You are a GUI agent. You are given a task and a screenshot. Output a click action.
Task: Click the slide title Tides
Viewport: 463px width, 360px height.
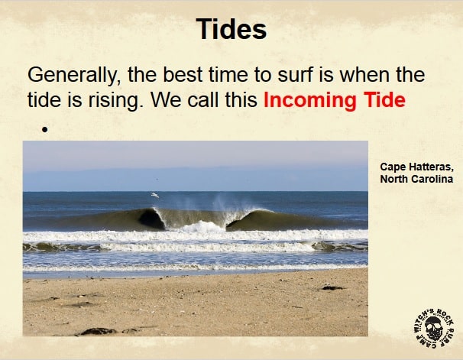point(231,29)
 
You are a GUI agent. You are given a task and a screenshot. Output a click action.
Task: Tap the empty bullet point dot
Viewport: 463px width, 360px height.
point(44,129)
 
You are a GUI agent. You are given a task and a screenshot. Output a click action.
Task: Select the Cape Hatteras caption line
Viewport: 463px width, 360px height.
point(416,167)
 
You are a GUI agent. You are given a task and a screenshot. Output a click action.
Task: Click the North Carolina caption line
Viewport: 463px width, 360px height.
point(416,179)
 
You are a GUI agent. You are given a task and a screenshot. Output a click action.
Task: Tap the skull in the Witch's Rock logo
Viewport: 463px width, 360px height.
point(434,328)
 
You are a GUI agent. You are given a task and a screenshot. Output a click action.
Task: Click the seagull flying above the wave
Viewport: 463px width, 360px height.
point(155,195)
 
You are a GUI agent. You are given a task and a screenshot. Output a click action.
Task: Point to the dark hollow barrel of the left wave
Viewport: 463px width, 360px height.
point(151,220)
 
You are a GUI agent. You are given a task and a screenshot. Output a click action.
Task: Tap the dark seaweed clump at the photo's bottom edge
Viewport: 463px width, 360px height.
point(98,332)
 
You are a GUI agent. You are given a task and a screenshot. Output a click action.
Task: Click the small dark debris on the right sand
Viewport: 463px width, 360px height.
point(332,287)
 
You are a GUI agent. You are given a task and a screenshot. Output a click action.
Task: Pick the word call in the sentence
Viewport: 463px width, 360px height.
point(204,99)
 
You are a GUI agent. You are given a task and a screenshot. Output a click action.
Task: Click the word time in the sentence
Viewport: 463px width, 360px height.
point(228,74)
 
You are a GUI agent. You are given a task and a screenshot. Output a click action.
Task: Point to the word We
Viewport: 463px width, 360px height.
point(166,99)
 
